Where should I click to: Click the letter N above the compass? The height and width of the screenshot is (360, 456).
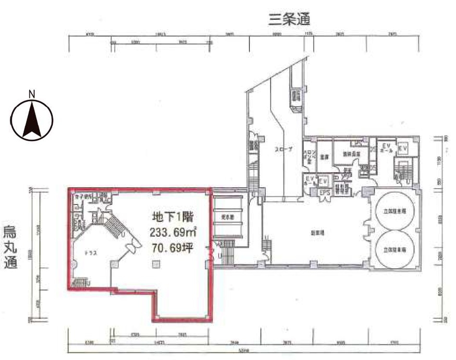(x=32, y=94)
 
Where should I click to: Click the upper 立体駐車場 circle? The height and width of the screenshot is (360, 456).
(x=395, y=211)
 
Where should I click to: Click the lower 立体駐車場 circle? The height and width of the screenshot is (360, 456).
(x=395, y=250)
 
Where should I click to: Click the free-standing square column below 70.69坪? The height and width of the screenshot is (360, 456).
(x=155, y=264)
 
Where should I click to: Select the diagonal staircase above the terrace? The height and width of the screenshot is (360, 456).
(x=114, y=227)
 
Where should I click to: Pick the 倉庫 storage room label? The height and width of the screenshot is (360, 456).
(x=325, y=156)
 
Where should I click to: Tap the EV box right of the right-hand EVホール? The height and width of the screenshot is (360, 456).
(x=402, y=149)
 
